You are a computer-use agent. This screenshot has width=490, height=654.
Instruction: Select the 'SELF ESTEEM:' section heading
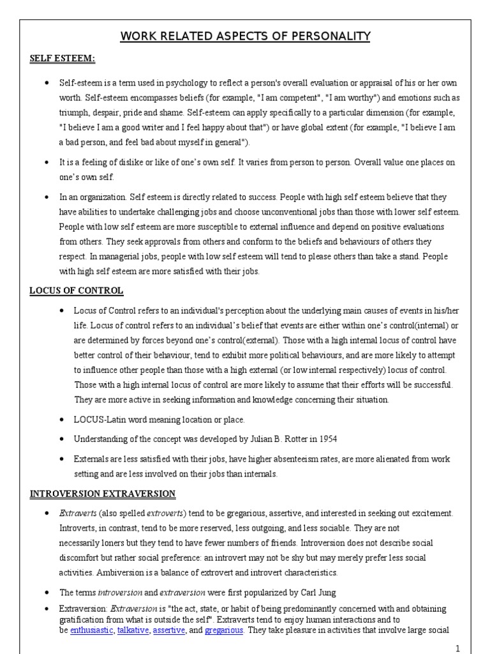[63, 59]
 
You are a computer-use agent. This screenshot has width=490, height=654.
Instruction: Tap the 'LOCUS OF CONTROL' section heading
[77, 291]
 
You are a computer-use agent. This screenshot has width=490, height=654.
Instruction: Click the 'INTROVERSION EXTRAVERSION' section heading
[103, 494]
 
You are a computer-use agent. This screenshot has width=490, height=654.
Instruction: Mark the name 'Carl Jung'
[315, 591]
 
